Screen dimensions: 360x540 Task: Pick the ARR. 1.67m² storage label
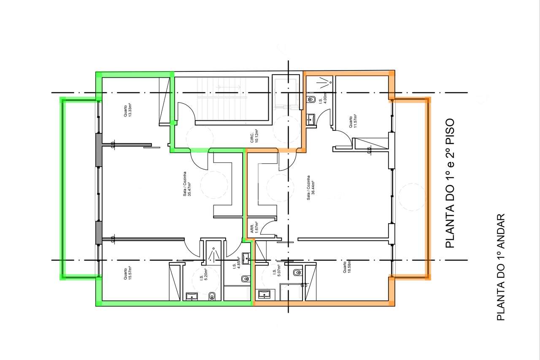click(254, 227)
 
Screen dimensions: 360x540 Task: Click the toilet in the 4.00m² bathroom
click(312, 100)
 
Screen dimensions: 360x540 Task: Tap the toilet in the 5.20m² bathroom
click(212, 296)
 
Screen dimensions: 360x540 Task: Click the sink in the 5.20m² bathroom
click(192, 296)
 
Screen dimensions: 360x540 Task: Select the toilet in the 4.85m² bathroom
click(244, 279)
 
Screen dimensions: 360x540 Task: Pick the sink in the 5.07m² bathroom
click(265, 294)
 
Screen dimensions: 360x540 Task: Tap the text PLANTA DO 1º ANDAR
click(501, 267)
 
